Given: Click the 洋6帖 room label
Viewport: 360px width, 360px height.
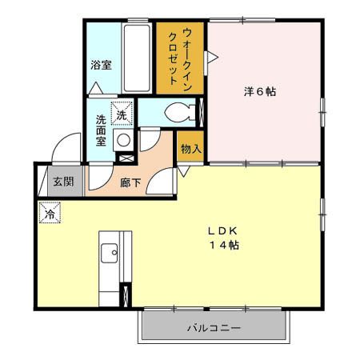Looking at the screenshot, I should [x=260, y=92].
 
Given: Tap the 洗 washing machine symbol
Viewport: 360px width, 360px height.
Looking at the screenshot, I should [x=122, y=116].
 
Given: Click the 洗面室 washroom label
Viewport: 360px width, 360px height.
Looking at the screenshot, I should [x=101, y=130].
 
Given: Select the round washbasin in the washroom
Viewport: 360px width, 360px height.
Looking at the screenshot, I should [x=123, y=141].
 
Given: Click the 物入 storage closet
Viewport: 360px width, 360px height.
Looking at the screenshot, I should [x=190, y=149].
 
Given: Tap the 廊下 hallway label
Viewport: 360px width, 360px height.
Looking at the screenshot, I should [x=130, y=182].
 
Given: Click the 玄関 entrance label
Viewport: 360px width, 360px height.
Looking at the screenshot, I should [x=63, y=182].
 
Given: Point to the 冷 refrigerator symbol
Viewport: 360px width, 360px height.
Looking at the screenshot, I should [x=50, y=214].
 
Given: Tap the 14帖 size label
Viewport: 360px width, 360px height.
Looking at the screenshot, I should [x=224, y=245].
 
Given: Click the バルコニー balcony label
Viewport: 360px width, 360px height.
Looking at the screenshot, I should [x=214, y=328].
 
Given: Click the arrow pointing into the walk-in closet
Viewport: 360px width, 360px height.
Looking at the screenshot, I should [x=213, y=56].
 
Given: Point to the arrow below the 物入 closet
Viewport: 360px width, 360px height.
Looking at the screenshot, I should [x=183, y=170].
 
